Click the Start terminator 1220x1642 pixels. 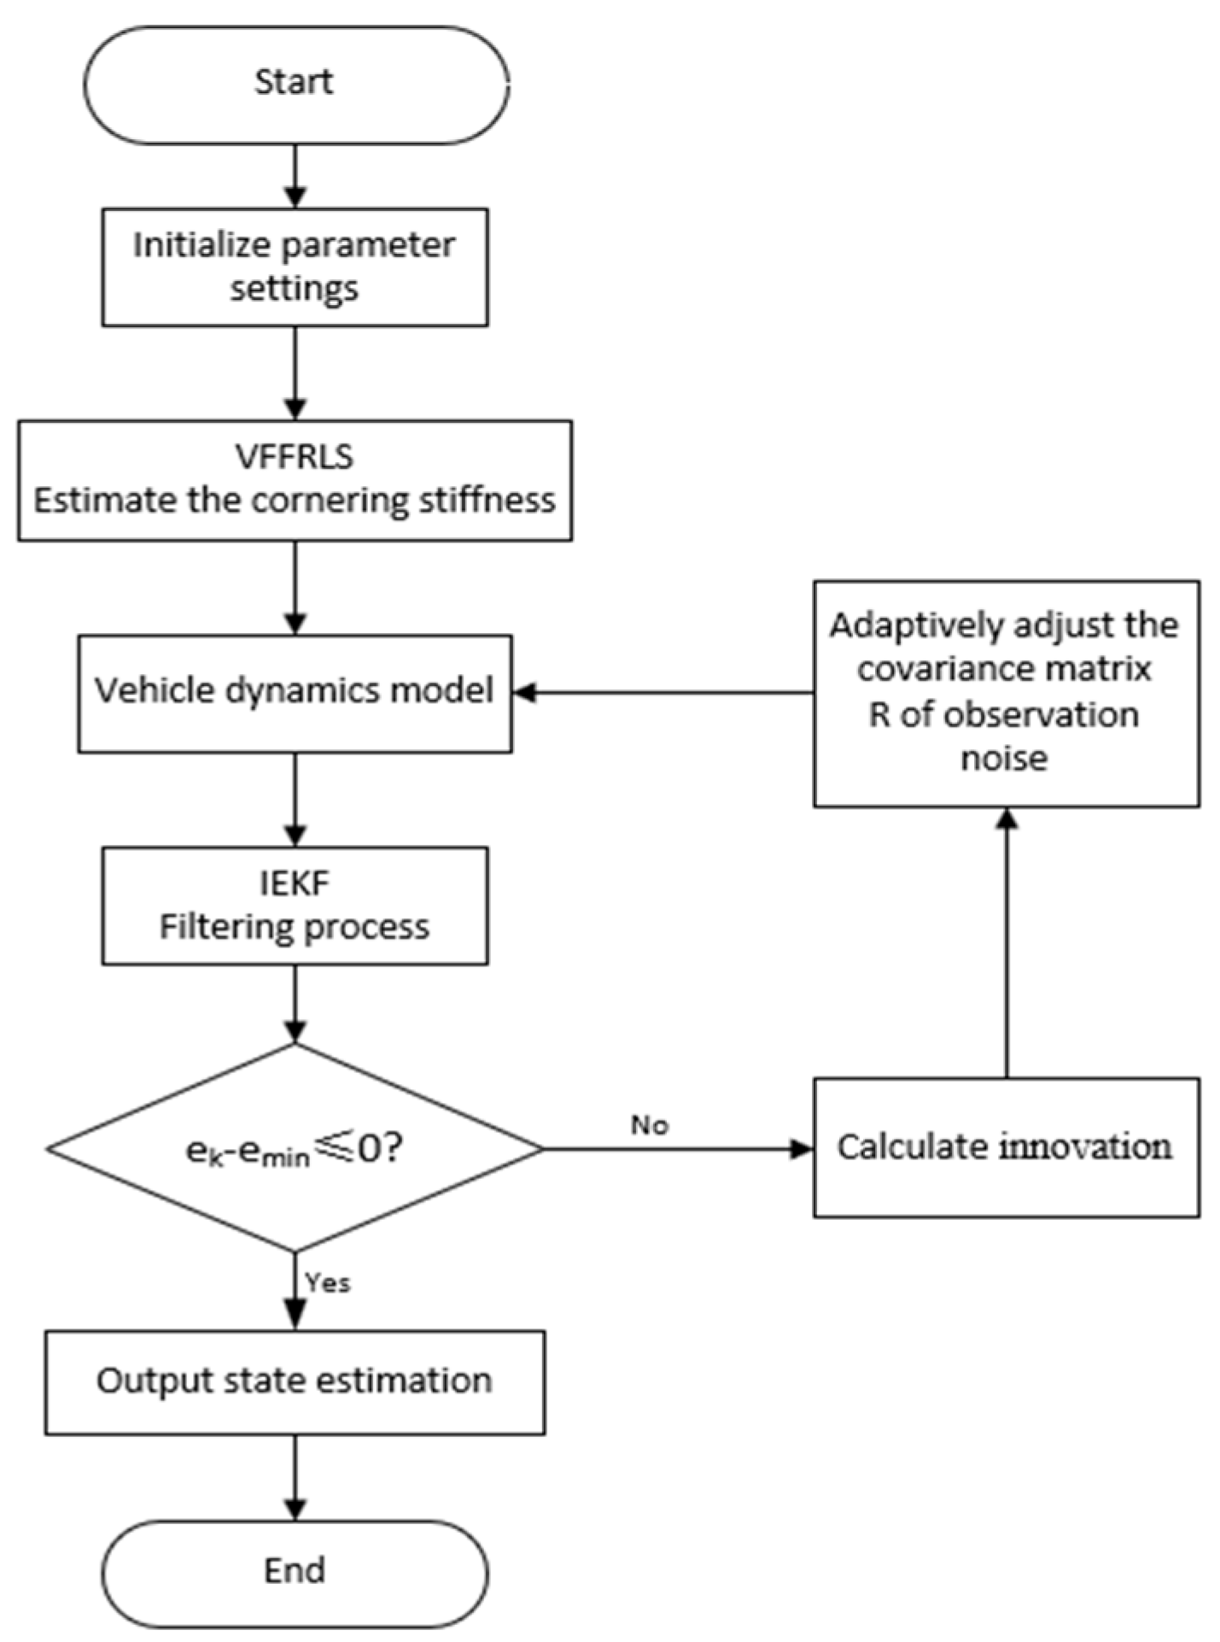(x=295, y=83)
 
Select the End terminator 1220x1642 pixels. (x=295, y=1570)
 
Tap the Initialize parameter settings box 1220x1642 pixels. (x=295, y=267)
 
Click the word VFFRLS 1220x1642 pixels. (x=295, y=457)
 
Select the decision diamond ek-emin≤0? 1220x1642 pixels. (x=295, y=1149)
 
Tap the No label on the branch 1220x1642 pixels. (x=649, y=1125)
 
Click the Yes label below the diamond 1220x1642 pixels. (x=328, y=1281)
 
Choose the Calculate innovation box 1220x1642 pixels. (x=1006, y=1147)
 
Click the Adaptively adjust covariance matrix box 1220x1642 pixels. (x=1006, y=693)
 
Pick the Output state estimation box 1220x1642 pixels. (x=295, y=1381)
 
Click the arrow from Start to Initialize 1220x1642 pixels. (x=295, y=175)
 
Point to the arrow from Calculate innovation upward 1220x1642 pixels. (x=1007, y=940)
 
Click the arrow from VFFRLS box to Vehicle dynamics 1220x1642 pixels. (x=295, y=587)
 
